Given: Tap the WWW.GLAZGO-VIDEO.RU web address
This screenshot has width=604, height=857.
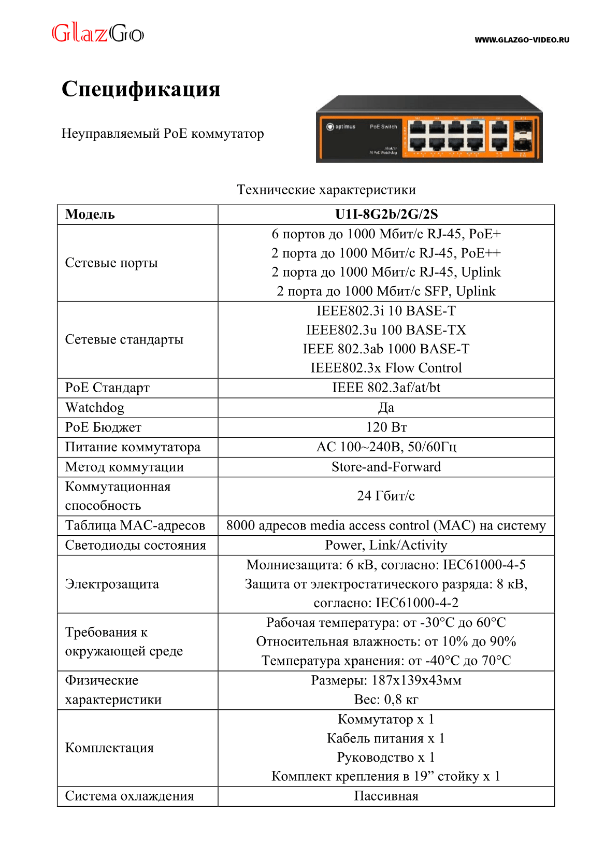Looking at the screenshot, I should point(522,40).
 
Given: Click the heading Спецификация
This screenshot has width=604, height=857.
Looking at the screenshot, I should point(141,89).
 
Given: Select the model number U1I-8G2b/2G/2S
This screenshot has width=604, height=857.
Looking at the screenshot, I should point(386,215).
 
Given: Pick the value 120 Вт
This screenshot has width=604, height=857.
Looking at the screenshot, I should point(386,427).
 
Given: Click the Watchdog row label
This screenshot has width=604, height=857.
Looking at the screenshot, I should point(95,408).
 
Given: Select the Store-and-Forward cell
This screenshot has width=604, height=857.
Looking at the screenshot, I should point(386,467).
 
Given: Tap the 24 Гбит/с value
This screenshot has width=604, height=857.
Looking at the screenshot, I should point(386,496).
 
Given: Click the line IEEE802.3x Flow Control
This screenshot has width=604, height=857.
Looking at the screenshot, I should point(386,368).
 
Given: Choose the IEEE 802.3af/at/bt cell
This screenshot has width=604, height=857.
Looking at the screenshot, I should point(386,388).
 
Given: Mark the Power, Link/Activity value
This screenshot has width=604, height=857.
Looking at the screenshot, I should point(386,545).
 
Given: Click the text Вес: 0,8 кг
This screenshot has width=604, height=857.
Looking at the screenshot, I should point(386,699).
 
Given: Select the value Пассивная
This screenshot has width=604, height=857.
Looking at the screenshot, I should point(386,796).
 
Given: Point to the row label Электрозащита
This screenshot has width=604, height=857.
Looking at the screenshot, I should point(112,584).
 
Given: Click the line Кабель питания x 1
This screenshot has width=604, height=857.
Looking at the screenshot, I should point(386,738).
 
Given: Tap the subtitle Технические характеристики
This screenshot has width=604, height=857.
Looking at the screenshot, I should point(326,190).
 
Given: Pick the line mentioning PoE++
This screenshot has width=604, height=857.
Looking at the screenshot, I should point(386,253).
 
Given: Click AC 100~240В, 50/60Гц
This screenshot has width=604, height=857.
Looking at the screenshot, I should point(386,447).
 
